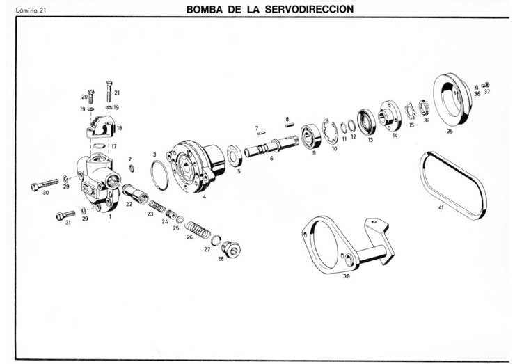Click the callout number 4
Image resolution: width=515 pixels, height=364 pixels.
[x=204, y=197]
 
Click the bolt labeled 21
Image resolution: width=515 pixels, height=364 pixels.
[x=109, y=90]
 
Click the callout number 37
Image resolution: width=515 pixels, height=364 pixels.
[x=487, y=92]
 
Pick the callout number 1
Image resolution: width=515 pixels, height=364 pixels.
[x=110, y=217]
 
